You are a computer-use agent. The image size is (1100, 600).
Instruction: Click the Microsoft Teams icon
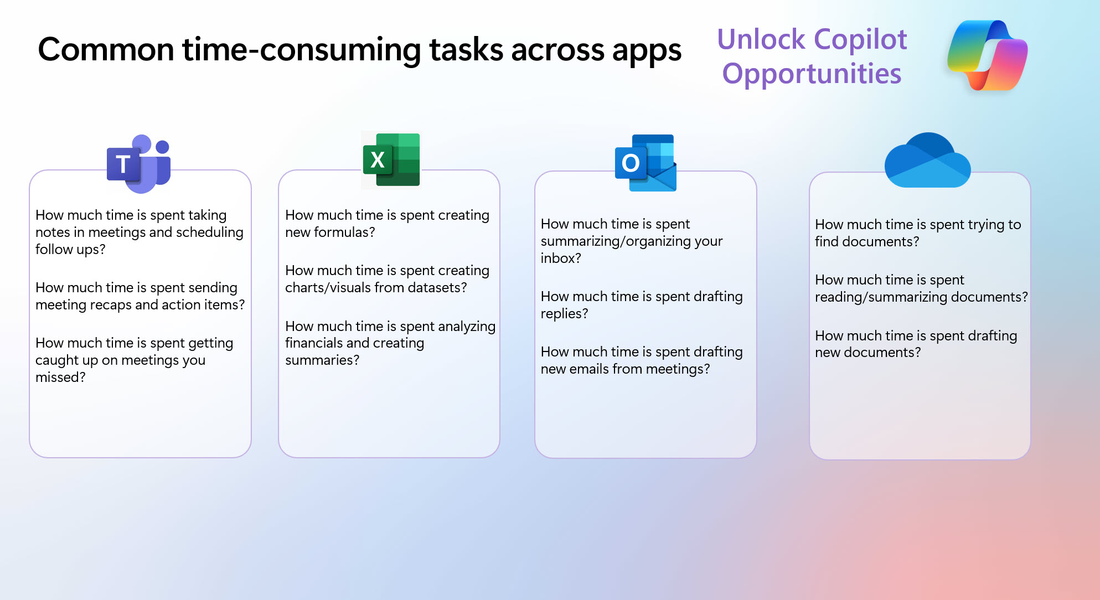point(139,164)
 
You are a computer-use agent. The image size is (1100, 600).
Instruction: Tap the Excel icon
point(391,160)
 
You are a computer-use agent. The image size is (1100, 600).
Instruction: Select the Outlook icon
point(645,163)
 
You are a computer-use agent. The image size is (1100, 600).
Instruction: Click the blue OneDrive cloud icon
point(927,160)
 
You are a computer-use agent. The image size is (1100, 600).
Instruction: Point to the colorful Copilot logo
point(987,55)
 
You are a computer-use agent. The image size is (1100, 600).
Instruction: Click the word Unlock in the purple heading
point(761,40)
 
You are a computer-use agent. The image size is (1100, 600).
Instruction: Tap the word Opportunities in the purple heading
point(812,74)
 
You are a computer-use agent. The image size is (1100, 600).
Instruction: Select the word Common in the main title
point(106,50)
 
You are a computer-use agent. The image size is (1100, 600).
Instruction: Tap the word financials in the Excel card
point(318,343)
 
